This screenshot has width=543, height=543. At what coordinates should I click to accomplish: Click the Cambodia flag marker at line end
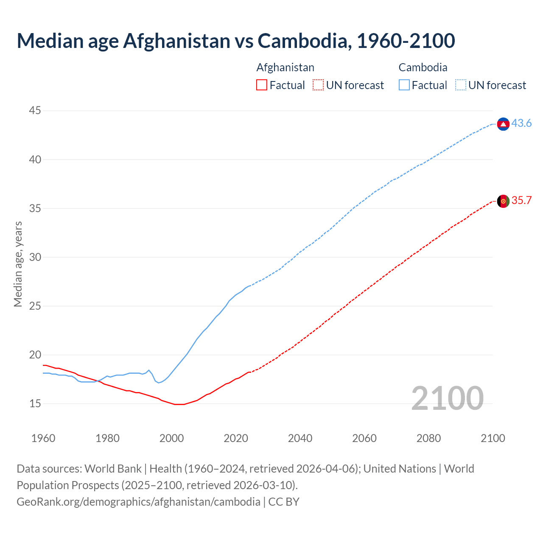pyautogui.click(x=503, y=124)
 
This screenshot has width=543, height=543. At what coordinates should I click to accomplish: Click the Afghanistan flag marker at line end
pyautogui.click(x=503, y=201)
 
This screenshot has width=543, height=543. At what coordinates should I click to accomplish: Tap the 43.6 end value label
pyautogui.click(x=521, y=123)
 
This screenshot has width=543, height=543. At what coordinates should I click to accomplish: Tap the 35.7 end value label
pyautogui.click(x=521, y=201)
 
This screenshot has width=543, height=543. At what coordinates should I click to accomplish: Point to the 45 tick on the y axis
pyautogui.click(x=35, y=111)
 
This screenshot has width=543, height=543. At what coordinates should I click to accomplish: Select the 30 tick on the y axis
pyautogui.click(x=35, y=257)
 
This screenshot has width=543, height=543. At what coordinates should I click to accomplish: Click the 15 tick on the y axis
pyautogui.click(x=35, y=403)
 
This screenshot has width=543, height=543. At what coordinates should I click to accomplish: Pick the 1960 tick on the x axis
pyautogui.click(x=43, y=438)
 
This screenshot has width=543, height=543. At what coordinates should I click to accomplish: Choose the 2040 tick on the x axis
pyautogui.click(x=300, y=438)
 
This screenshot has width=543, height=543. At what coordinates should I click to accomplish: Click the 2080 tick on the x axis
pyautogui.click(x=428, y=438)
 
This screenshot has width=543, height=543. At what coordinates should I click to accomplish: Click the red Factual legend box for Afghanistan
pyautogui.click(x=262, y=85)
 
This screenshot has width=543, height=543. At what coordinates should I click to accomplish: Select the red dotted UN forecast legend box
pyautogui.click(x=318, y=85)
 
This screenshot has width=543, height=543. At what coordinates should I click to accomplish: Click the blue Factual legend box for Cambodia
pyautogui.click(x=404, y=85)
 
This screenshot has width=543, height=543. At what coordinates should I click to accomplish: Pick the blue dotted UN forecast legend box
pyautogui.click(x=460, y=85)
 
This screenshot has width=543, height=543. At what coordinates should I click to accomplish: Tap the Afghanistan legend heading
pyautogui.click(x=285, y=67)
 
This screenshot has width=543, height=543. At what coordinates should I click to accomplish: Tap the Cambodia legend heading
pyautogui.click(x=423, y=67)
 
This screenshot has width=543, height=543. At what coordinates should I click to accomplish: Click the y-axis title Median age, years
pyautogui.click(x=18, y=264)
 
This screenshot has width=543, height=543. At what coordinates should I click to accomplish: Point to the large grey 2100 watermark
pyautogui.click(x=447, y=398)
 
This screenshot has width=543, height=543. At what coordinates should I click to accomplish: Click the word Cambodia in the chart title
pyautogui.click(x=304, y=41)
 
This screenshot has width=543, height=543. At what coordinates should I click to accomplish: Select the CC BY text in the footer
pyautogui.click(x=284, y=502)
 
